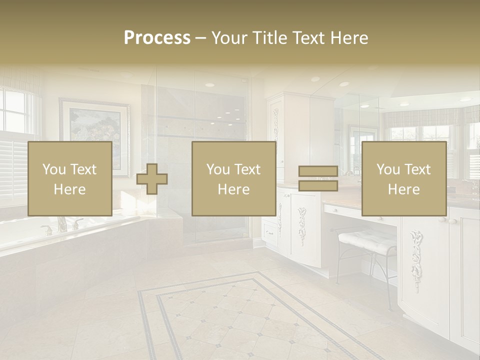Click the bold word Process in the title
(157, 38)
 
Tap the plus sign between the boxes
(152, 179)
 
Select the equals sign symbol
(318, 178)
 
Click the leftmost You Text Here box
(69, 178)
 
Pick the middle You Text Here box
(233, 178)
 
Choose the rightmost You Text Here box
(403, 178)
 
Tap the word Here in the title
(349, 38)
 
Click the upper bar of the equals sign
(318, 171)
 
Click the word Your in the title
(230, 38)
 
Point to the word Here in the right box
(403, 189)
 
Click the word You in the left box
(54, 169)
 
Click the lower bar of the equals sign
(318, 186)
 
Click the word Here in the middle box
(233, 189)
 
